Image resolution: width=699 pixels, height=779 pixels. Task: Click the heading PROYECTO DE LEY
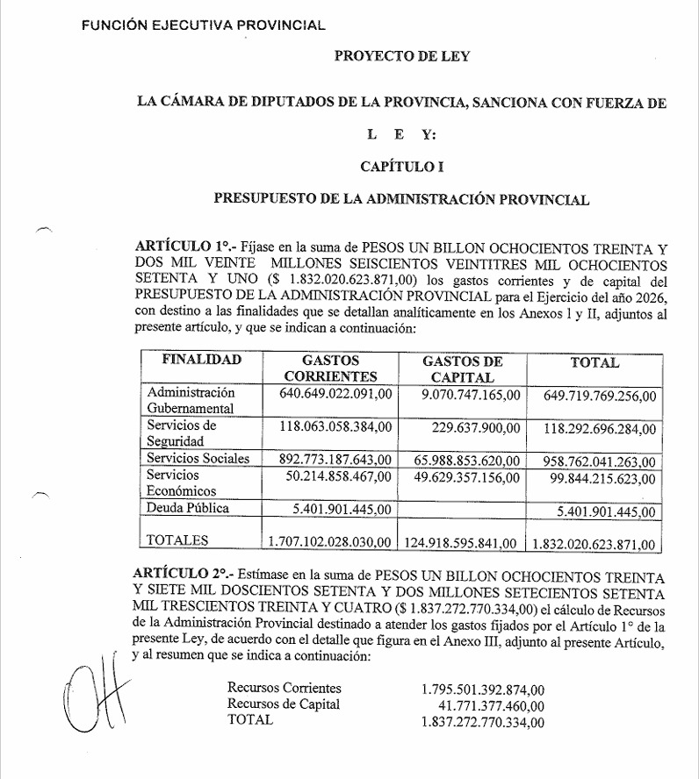(x=401, y=57)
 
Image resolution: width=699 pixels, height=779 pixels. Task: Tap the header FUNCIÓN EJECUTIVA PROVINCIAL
(x=203, y=25)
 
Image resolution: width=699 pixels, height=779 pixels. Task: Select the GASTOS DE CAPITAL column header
(x=462, y=369)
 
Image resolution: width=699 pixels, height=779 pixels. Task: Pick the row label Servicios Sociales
(x=198, y=458)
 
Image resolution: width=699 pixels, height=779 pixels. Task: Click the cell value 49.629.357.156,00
(x=462, y=477)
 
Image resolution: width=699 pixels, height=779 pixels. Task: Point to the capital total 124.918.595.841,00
(x=460, y=543)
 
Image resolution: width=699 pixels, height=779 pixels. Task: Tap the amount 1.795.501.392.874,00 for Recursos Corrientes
(x=483, y=689)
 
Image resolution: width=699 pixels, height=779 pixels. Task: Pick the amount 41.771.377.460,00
(x=491, y=705)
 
